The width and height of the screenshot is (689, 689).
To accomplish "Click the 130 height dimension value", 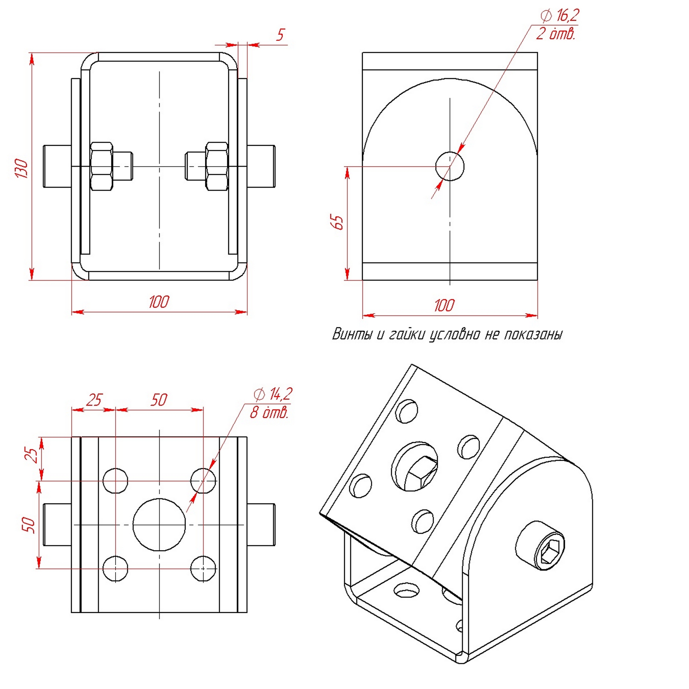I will [22, 168].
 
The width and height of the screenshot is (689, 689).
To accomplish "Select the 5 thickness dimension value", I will [280, 35].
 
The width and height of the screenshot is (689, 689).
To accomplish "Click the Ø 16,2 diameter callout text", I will [560, 15].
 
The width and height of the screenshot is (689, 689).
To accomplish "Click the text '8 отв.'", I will [269, 413].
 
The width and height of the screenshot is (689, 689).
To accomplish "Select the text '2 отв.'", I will [556, 34].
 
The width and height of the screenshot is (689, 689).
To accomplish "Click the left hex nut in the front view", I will [102, 166].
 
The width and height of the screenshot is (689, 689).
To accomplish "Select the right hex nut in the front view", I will [217, 166].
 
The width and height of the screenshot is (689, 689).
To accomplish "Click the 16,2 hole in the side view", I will [450, 166].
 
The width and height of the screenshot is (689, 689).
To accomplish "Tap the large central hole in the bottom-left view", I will [159, 524].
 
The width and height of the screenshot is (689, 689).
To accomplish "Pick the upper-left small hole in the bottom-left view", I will [115, 481].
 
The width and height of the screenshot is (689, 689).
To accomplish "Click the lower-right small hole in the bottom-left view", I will [203, 568].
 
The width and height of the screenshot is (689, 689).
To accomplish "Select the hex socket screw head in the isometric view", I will [540, 545].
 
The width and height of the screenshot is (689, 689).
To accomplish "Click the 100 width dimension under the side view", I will [444, 305].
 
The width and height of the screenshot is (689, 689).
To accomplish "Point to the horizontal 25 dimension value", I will [94, 400].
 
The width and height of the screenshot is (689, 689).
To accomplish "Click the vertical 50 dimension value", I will [29, 525].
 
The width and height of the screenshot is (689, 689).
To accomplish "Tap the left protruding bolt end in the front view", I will [57, 166].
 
